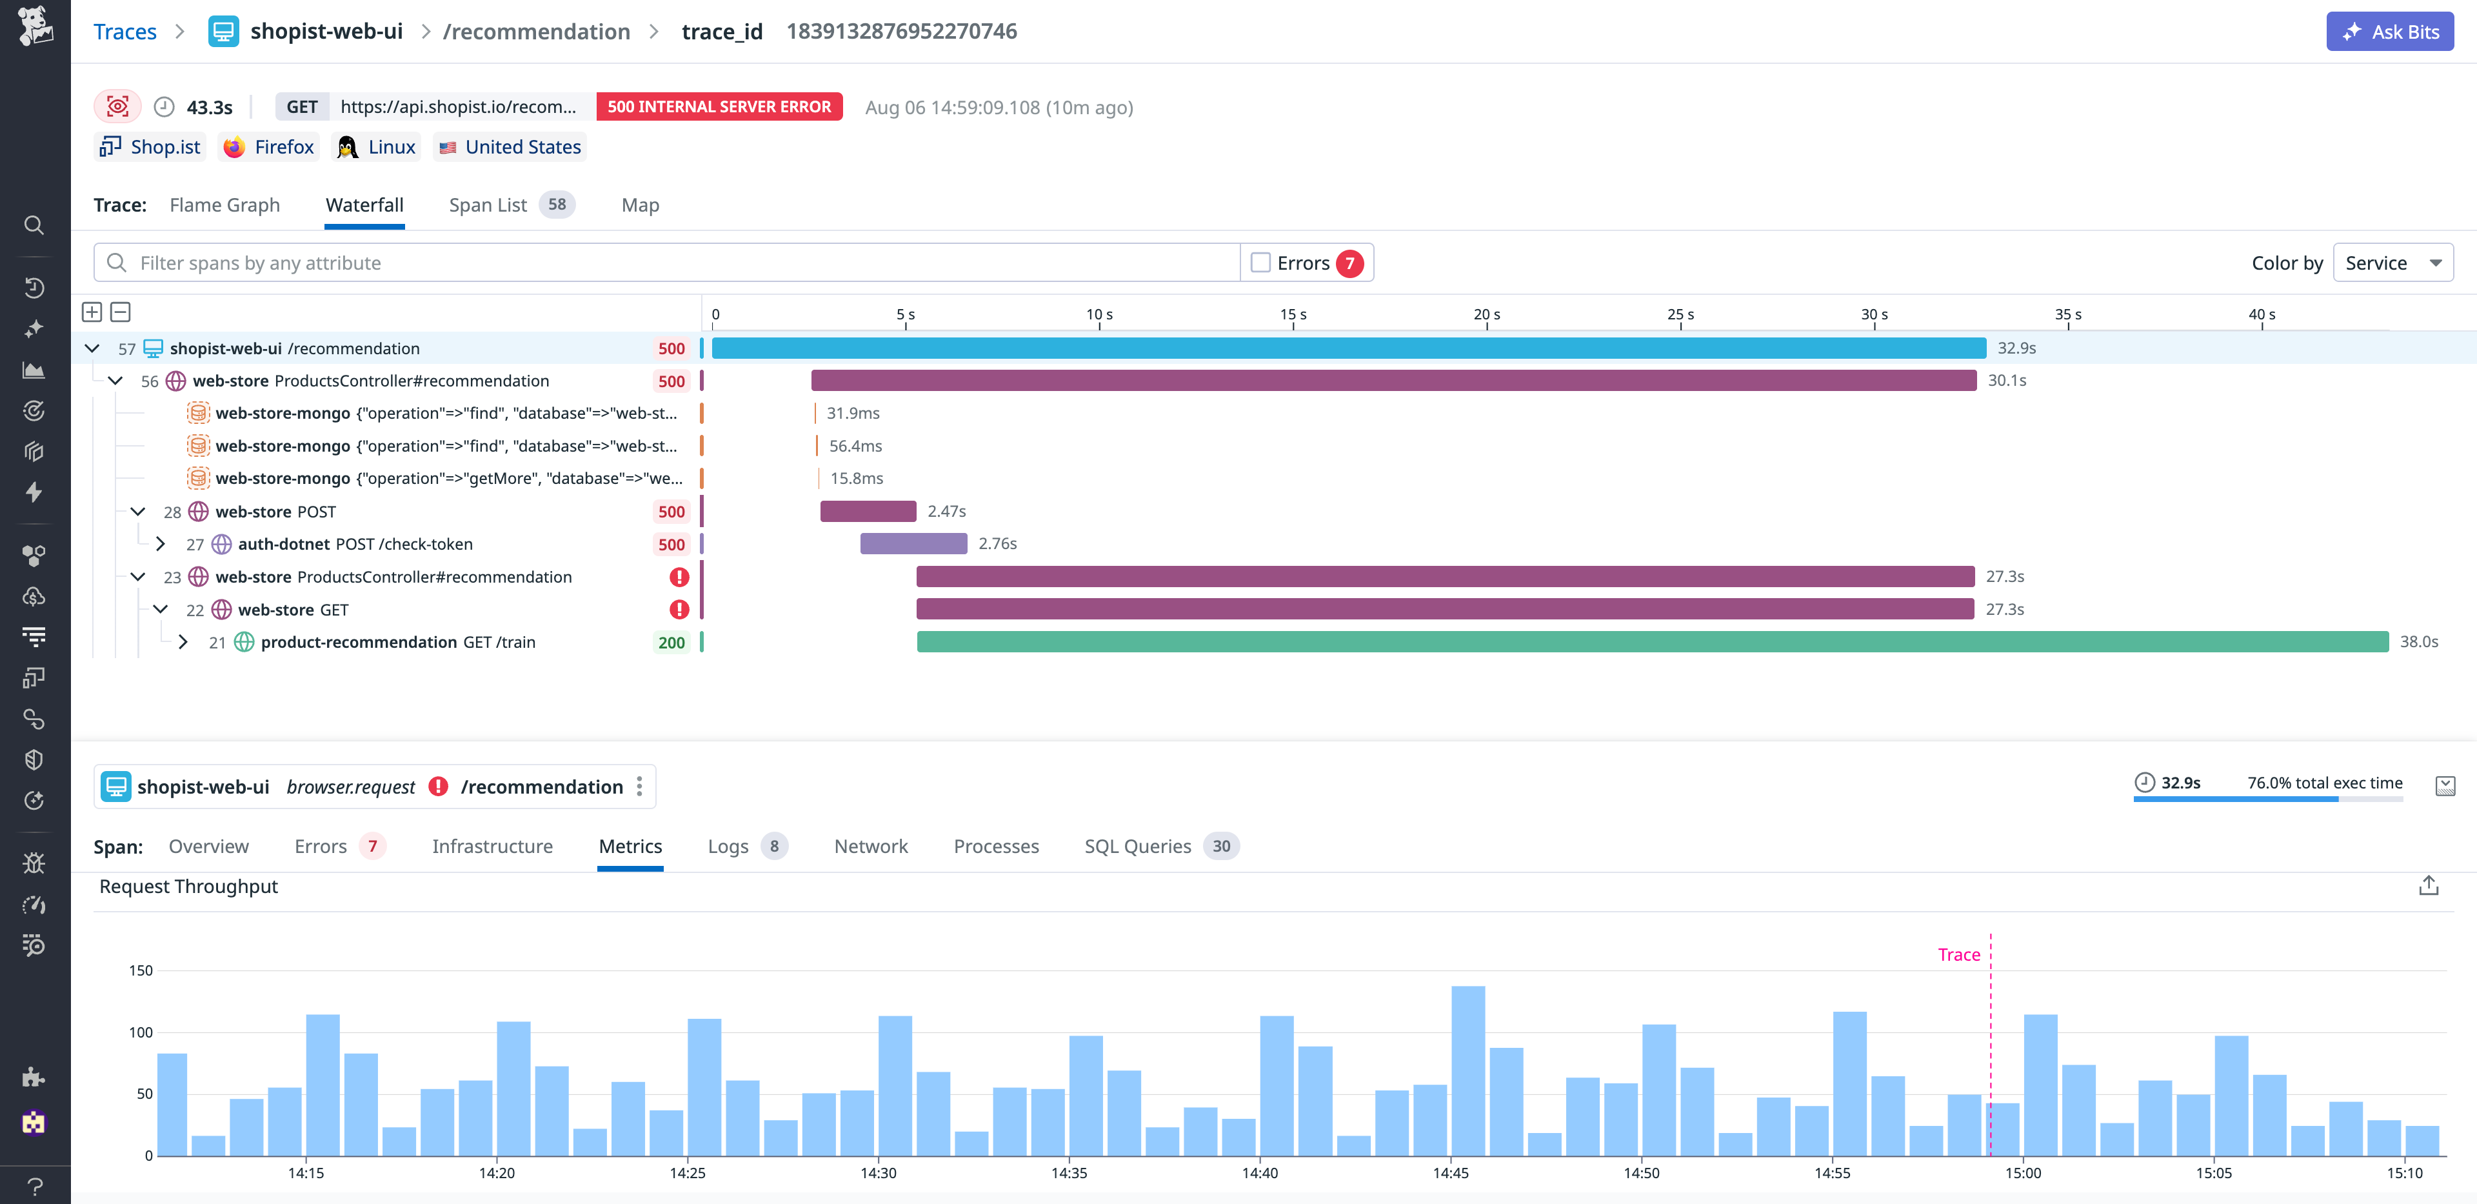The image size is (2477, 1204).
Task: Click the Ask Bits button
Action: [x=2389, y=32]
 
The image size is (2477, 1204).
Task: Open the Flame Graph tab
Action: [x=224, y=205]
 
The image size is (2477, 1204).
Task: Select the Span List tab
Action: [x=488, y=205]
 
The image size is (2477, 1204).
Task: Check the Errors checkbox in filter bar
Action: [x=1260, y=263]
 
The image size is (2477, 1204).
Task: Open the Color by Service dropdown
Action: [x=2392, y=263]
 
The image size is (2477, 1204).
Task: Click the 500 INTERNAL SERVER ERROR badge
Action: [x=719, y=106]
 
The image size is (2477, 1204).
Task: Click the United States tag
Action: [x=511, y=147]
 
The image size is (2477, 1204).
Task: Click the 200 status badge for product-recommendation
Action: [x=671, y=643]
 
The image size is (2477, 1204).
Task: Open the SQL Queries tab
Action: [x=1137, y=847]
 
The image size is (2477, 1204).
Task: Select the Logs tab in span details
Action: [x=728, y=847]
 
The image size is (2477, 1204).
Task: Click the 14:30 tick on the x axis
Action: [x=878, y=1173]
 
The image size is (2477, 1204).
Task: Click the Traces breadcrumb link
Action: [x=125, y=32]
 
